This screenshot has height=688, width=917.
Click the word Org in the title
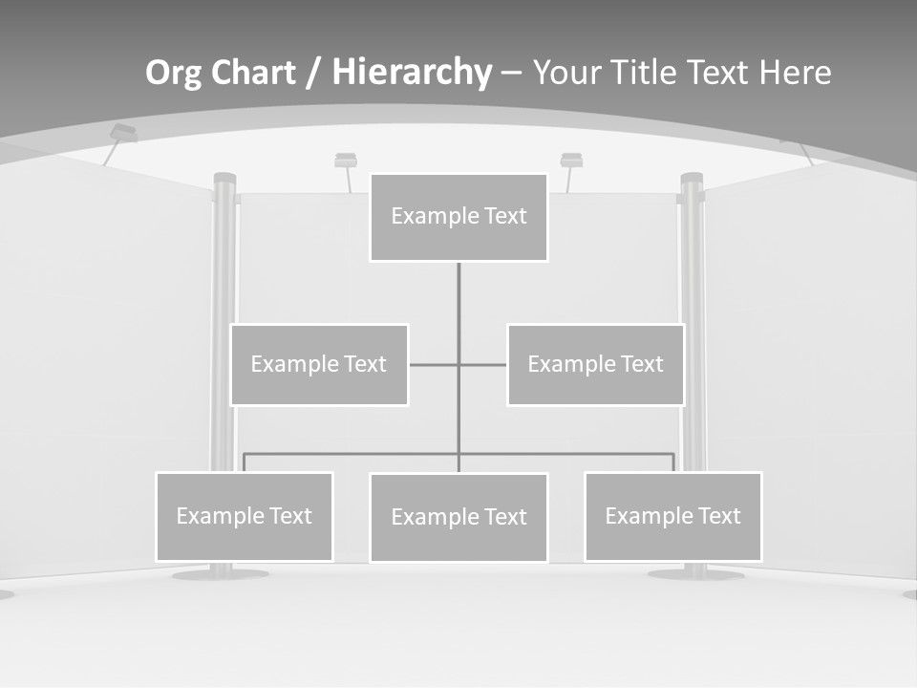tap(173, 74)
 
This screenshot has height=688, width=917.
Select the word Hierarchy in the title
tap(412, 73)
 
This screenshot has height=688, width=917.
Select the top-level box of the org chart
tap(458, 217)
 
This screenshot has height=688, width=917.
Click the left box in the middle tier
tap(319, 364)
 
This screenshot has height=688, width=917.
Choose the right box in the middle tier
tap(595, 364)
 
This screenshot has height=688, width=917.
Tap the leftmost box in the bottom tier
tap(244, 516)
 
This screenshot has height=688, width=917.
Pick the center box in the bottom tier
tap(458, 517)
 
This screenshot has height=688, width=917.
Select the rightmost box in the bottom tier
tap(672, 516)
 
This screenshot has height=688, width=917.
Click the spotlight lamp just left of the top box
tap(346, 160)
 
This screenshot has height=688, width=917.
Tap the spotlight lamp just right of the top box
tap(571, 160)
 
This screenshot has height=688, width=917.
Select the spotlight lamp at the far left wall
tap(123, 133)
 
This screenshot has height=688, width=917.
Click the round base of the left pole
tap(220, 574)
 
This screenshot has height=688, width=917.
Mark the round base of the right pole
tap(694, 574)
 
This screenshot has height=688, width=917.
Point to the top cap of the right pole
tap(692, 178)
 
